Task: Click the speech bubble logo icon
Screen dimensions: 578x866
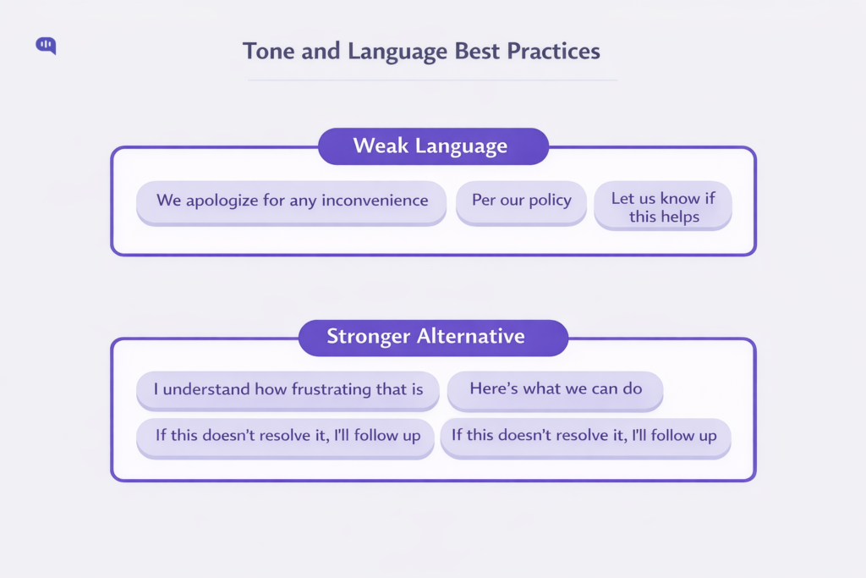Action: (46, 46)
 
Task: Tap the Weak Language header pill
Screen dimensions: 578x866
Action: (433, 146)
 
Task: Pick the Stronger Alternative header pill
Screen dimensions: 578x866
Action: (433, 337)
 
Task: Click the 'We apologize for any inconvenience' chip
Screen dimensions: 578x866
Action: (291, 202)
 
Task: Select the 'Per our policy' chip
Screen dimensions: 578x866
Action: (521, 202)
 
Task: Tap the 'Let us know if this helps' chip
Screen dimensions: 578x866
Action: (664, 207)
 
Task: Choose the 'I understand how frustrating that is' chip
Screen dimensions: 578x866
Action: (288, 390)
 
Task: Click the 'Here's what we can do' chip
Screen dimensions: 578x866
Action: (555, 390)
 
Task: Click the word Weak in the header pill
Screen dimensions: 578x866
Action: (381, 146)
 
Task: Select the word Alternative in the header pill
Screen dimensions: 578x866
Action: (470, 337)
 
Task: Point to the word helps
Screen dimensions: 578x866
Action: (681, 217)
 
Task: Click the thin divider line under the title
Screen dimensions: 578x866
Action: (433, 81)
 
